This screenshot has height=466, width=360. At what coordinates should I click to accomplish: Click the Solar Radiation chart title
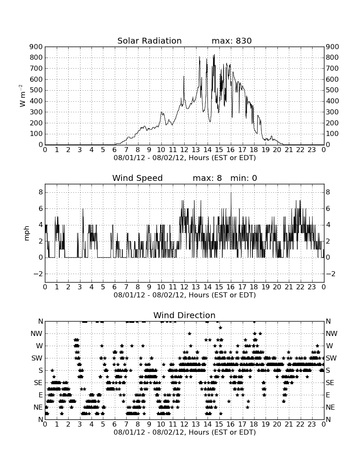coord(150,41)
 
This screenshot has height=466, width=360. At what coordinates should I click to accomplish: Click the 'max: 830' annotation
coord(232,41)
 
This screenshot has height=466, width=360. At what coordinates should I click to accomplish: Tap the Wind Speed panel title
coord(138,178)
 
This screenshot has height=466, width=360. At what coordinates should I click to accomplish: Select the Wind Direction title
coord(184,315)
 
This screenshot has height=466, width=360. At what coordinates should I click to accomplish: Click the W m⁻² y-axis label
coord(22,96)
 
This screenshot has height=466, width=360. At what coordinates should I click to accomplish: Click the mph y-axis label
coord(27,233)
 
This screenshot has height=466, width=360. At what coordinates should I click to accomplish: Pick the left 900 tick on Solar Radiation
coord(36,47)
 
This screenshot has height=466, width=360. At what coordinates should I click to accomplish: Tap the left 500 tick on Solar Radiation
coord(36,90)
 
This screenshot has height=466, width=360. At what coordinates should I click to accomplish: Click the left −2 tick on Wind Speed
coord(38,274)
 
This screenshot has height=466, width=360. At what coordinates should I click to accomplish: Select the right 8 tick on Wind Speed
coord(328,192)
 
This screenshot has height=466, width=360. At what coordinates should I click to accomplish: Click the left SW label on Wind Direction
coord(37,358)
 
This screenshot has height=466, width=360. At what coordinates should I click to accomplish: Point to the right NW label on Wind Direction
coord(332,333)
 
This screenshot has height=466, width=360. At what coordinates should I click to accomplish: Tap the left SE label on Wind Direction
coord(38,383)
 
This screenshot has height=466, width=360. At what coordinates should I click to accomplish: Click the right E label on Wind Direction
coord(328,395)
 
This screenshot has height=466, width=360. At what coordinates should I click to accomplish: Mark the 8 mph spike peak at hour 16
coord(231,193)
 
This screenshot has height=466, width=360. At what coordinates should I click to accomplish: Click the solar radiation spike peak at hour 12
coord(184,76)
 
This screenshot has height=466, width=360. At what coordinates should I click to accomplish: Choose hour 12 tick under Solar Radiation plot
coord(184,150)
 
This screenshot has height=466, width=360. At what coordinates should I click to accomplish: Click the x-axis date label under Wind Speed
coord(185,295)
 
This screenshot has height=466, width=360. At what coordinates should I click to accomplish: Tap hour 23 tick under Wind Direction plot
coord(312,424)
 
